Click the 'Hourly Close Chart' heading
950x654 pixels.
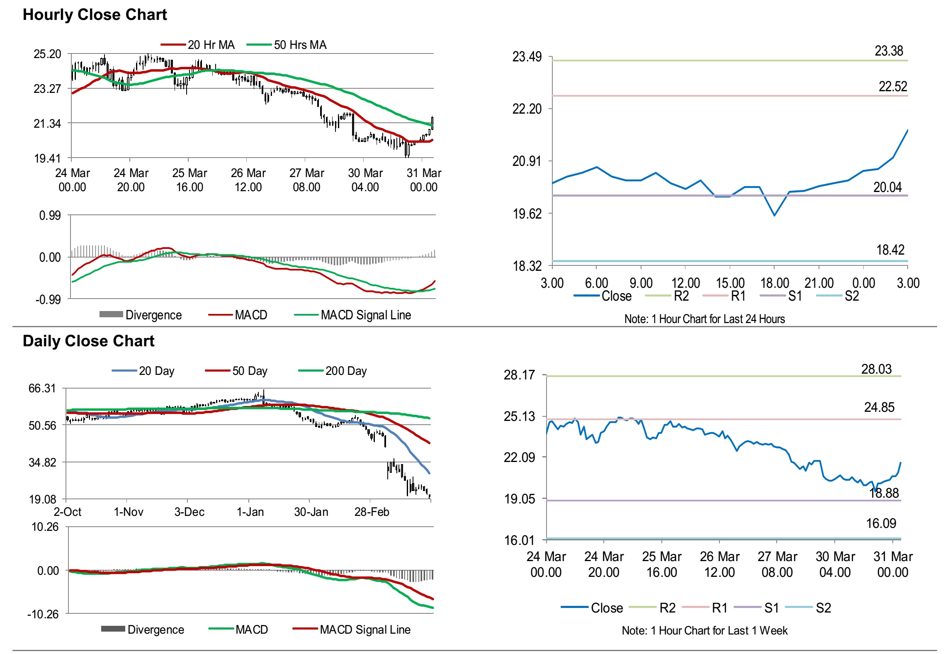coord(95,15)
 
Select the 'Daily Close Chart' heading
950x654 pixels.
coord(88,341)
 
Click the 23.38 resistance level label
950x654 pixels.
coord(889,51)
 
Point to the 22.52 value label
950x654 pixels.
coord(893,87)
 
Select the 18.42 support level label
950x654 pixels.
coord(890,250)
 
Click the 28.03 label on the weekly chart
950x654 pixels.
coord(876,369)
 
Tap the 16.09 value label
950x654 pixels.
coord(881,523)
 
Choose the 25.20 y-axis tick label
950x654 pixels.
coord(47,54)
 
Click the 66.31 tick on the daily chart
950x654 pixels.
coord(42,389)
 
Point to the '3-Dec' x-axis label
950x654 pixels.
coord(190,512)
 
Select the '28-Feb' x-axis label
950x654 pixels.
coord(372,512)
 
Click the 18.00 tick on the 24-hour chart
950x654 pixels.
coord(775,283)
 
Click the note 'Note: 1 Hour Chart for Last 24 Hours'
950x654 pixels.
coord(705,319)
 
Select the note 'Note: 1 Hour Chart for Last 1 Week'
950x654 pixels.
coord(705,631)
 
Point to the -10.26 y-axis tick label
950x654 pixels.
coord(44,614)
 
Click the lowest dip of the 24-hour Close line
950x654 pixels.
coord(774,215)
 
